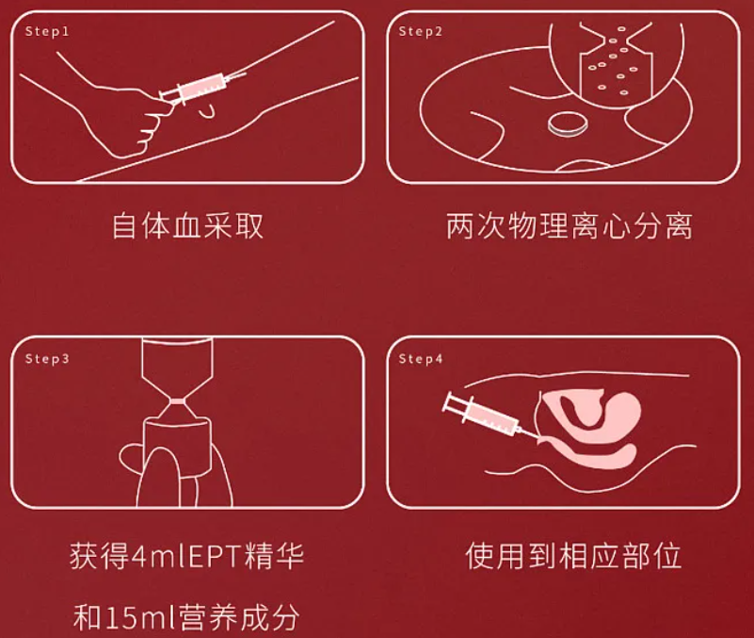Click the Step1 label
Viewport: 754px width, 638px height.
[47, 32]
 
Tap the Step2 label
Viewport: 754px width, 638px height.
[420, 32]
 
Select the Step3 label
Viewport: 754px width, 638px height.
[47, 359]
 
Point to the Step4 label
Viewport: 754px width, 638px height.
[420, 359]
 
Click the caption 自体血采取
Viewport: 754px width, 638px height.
[188, 225]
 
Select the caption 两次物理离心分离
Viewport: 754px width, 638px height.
[570, 225]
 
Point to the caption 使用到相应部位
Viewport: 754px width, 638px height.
[573, 556]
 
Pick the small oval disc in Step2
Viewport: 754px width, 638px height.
[568, 123]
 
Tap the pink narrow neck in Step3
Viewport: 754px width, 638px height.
[178, 401]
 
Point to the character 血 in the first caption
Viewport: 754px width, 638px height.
[187, 225]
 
